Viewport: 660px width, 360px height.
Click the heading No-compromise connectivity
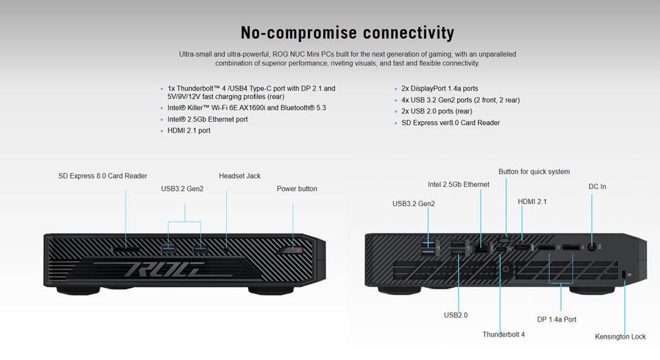point(347,32)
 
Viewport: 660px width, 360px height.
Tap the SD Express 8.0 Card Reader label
point(102,176)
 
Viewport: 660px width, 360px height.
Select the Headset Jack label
point(239,176)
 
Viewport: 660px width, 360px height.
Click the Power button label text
point(297,188)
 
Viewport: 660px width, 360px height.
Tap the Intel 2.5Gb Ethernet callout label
point(459,184)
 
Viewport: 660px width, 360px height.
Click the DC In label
point(597,186)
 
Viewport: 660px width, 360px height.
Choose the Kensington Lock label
point(620,337)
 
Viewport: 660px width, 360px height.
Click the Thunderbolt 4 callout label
point(503,335)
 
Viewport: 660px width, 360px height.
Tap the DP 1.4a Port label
point(556,319)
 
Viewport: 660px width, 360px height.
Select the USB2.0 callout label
point(456,315)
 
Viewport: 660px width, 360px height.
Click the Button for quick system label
point(534,171)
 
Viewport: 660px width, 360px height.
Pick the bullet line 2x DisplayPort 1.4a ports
point(439,89)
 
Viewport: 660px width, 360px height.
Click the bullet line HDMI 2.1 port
point(189,131)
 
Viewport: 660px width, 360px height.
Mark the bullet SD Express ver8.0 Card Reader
point(450,123)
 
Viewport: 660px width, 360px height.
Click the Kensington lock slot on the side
point(624,275)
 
